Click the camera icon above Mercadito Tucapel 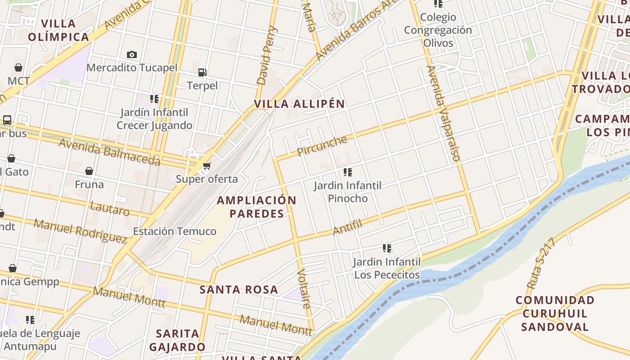click(131, 55)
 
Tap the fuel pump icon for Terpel click(202, 72)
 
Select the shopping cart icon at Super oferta click(207, 166)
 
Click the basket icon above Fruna click(89, 171)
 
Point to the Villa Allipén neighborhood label click(299, 104)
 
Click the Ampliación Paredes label click(257, 207)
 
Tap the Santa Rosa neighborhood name click(239, 290)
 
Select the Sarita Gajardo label click(177, 340)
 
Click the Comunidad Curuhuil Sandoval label click(554, 313)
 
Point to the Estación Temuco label click(175, 231)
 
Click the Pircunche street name click(322, 145)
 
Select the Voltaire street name click(304, 289)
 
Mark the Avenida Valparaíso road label click(444, 113)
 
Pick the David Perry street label click(267, 56)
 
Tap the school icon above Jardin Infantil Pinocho click(347, 172)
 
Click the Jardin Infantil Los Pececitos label click(387, 268)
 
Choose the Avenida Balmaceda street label click(109, 152)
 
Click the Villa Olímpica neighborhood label click(58, 30)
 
